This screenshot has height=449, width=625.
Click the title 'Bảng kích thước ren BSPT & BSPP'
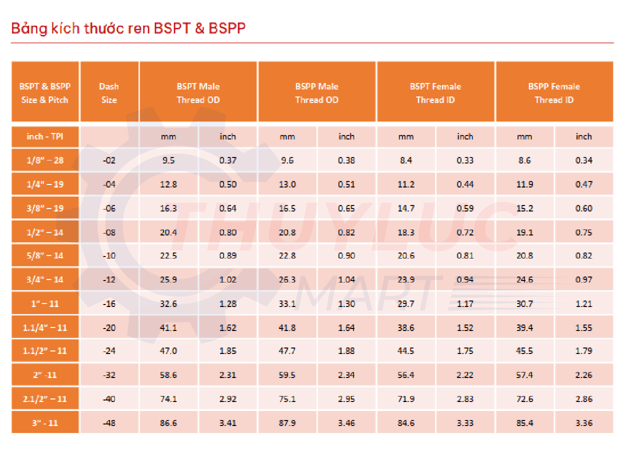(x=128, y=28)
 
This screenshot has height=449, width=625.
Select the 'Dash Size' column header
(x=109, y=93)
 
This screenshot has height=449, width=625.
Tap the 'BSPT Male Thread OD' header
(x=198, y=93)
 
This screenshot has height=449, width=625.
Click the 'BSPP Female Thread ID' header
(x=554, y=93)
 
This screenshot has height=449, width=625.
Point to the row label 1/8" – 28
(x=45, y=160)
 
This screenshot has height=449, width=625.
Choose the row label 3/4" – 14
(x=45, y=279)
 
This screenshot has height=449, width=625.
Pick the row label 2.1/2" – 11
(x=45, y=399)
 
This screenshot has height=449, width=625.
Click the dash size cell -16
(x=109, y=303)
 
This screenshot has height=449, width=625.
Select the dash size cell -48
(x=109, y=423)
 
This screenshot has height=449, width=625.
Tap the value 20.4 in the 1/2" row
(x=169, y=232)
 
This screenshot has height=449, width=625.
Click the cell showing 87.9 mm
(x=287, y=423)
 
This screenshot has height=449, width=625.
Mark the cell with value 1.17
(x=465, y=303)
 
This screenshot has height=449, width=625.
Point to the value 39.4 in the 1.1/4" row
(x=524, y=328)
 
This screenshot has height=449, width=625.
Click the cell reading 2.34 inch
(x=346, y=375)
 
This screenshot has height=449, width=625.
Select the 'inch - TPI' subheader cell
(x=45, y=136)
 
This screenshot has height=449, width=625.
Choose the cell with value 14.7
(x=406, y=208)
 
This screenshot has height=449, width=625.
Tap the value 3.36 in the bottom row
(x=583, y=423)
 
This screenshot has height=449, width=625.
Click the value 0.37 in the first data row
(x=227, y=160)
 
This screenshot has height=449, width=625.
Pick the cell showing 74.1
(x=169, y=399)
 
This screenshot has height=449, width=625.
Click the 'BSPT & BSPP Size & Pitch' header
(x=45, y=93)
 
